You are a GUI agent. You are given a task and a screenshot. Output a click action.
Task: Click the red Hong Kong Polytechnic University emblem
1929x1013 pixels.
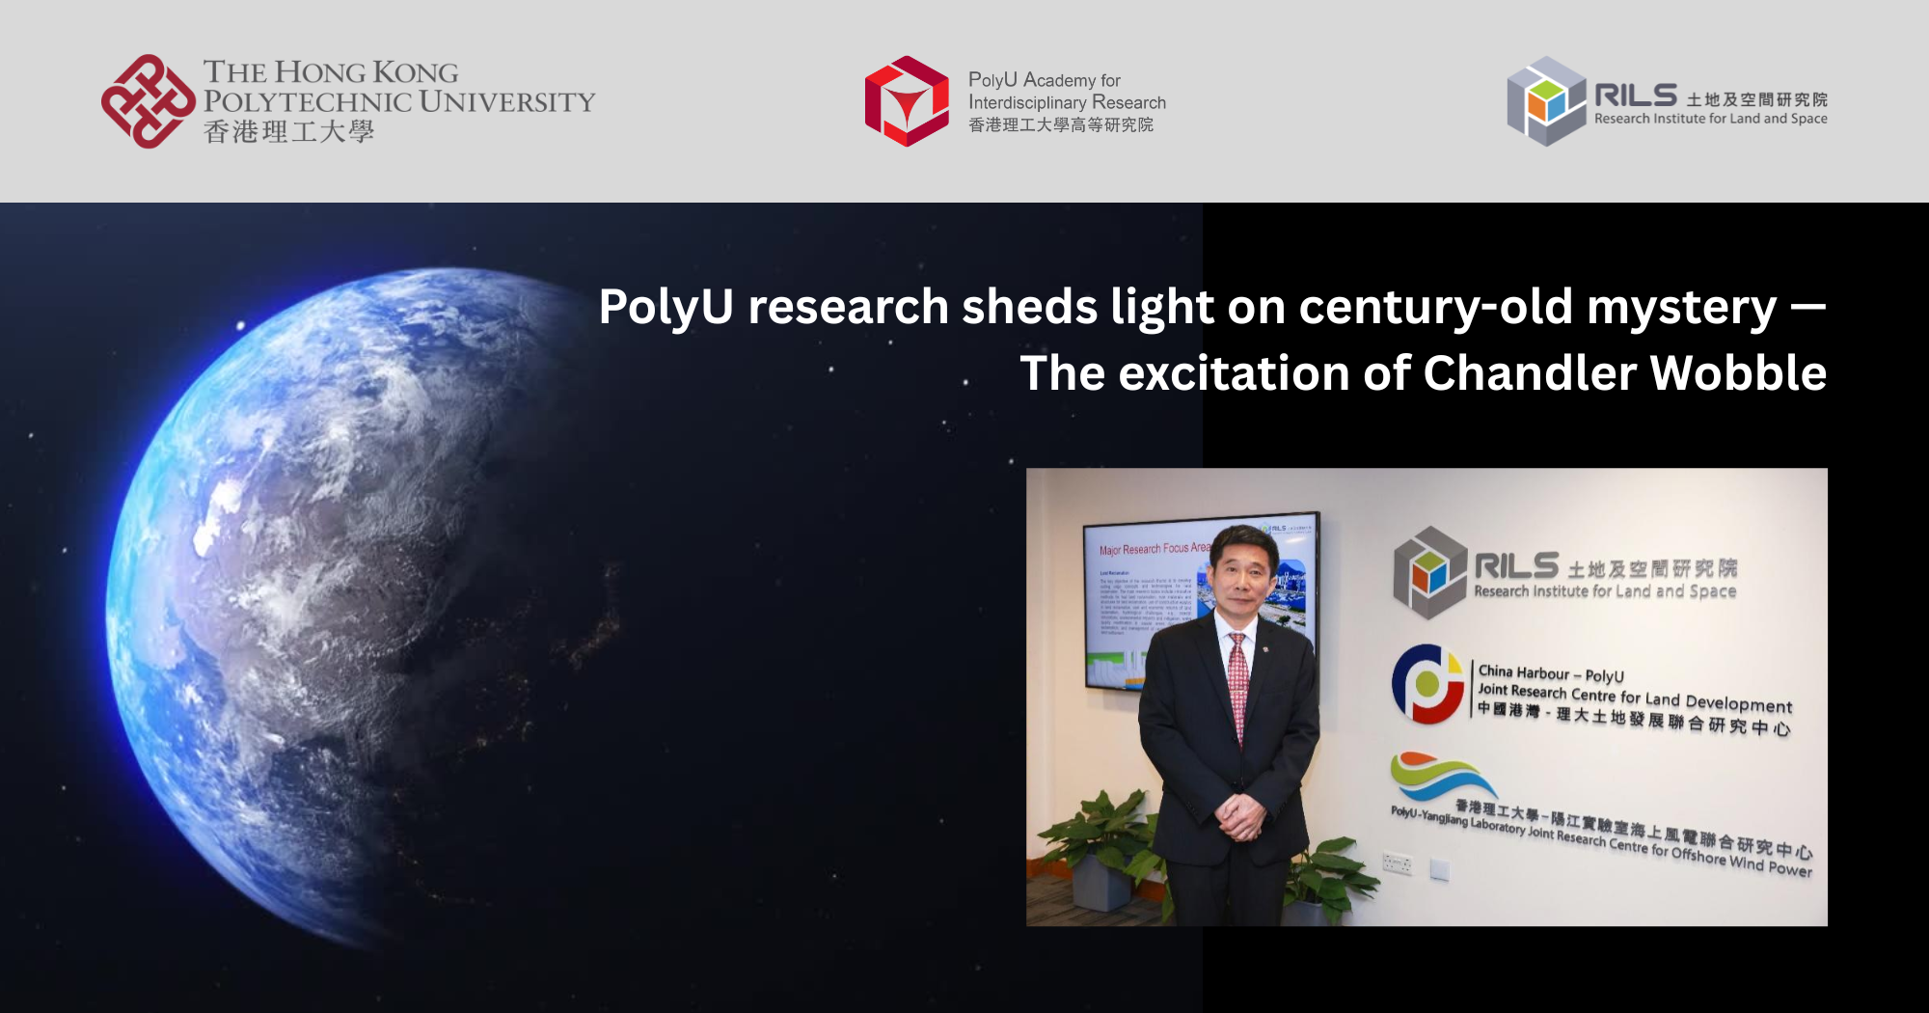point(148,101)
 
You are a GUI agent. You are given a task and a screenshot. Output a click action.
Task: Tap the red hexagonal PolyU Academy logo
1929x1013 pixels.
point(907,101)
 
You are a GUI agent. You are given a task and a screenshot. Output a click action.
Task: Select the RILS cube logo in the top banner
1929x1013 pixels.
point(1546,101)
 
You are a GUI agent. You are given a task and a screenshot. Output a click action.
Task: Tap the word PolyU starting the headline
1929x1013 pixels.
point(666,307)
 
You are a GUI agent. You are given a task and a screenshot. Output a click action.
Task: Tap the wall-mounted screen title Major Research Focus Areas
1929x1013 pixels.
point(1154,549)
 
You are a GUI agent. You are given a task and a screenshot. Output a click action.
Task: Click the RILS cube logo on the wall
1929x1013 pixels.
point(1429,572)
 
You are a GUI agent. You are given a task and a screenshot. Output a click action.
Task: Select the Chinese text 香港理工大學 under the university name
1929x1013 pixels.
point(288,132)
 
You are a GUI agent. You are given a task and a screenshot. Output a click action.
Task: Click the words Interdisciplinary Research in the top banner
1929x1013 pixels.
point(1067,102)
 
